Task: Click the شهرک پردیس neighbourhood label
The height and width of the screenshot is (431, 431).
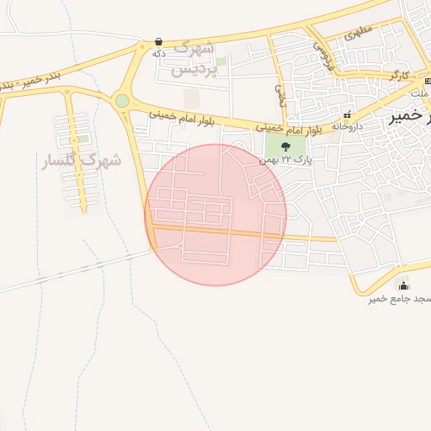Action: [194, 58]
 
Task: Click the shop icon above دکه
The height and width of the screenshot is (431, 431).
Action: [158, 41]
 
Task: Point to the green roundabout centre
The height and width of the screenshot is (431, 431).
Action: [123, 101]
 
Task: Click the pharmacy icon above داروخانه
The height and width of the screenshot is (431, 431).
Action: [346, 115]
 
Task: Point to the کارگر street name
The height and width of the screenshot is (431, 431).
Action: [399, 76]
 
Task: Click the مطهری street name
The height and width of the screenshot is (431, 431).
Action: [359, 35]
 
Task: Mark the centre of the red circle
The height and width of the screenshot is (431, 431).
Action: [215, 215]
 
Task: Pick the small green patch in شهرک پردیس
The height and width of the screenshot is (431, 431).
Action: [221, 61]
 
